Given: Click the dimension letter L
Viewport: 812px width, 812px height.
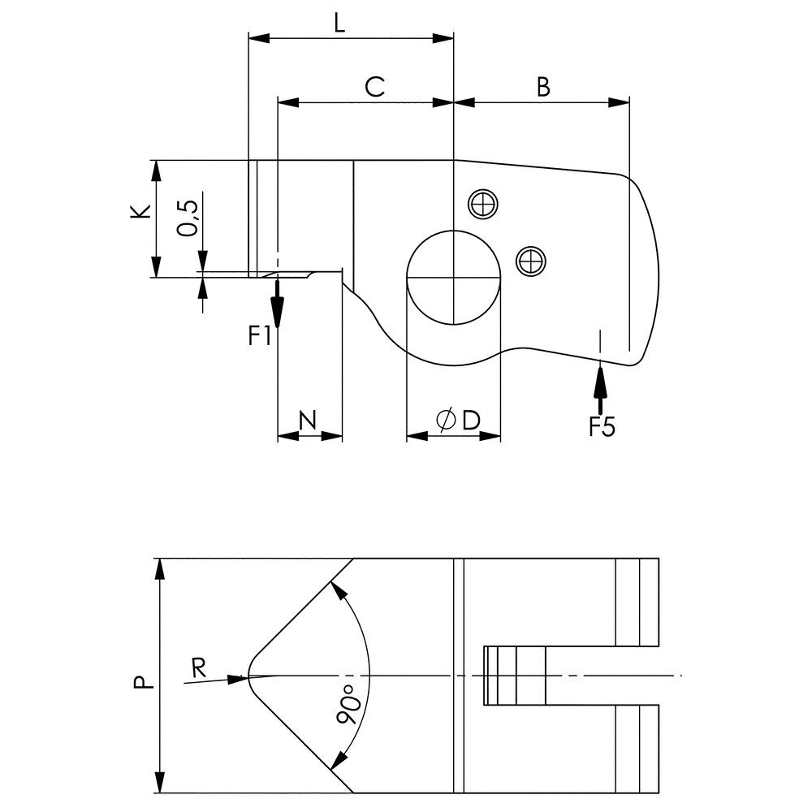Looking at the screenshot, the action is tap(339, 24).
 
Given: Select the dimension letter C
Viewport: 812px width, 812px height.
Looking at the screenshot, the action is tap(374, 87).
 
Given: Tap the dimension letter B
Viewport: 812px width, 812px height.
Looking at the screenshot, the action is tap(543, 87).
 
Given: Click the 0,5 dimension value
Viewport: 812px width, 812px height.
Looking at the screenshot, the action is tap(188, 218).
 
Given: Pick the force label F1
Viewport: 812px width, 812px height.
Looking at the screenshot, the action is tap(260, 335).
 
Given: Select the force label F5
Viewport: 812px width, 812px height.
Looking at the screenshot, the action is tap(602, 427).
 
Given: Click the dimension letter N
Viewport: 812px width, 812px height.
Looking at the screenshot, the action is tap(308, 420).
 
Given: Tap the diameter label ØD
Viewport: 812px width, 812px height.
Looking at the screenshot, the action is tap(458, 420).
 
